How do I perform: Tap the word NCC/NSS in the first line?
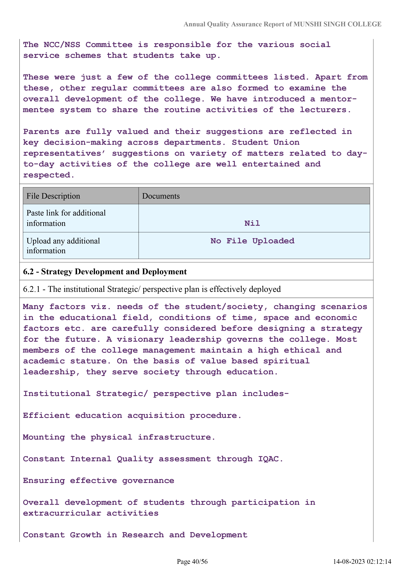62,45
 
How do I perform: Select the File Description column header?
53,196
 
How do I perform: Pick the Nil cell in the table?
252,223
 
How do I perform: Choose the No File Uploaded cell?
252,241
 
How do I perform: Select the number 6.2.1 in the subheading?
31,289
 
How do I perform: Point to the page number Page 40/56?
192,569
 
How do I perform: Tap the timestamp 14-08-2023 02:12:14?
362,569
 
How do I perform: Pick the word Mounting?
44,437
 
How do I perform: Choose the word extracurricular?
62,513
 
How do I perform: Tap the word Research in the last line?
143,535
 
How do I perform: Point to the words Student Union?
266,142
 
